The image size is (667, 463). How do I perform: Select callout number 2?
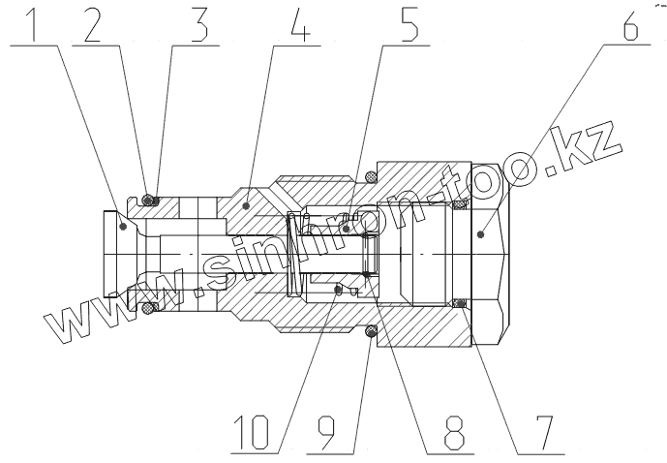click(x=94, y=25)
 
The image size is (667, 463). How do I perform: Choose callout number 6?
click(x=630, y=25)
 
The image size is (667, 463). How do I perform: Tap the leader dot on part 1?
click(x=122, y=227)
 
